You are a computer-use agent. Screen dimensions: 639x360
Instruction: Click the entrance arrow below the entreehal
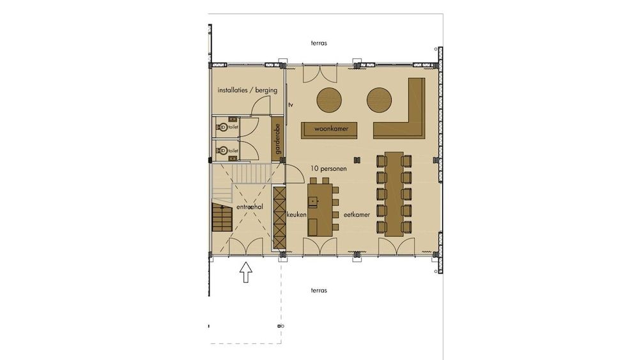tap(245, 272)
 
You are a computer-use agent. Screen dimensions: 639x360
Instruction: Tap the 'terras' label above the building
tap(319, 43)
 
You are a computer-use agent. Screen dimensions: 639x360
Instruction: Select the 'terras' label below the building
tap(319, 290)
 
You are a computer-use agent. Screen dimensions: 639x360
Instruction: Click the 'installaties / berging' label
tap(247, 91)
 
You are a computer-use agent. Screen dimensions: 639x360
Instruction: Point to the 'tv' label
tap(291, 105)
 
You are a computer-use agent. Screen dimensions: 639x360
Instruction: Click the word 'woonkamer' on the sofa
tap(331, 129)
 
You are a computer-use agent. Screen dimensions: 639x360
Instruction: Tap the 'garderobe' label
tap(278, 139)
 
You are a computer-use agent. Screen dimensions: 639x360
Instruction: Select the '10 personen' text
tap(328, 168)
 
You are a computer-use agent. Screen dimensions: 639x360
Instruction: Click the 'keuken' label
tap(296, 214)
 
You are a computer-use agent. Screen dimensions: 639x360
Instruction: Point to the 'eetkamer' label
tap(357, 214)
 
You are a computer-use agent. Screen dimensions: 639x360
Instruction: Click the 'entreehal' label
tap(249, 207)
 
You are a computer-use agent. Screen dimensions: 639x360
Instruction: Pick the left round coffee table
tap(329, 100)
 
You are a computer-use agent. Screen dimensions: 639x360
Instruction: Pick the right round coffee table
tap(379, 100)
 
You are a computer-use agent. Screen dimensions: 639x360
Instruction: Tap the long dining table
tap(394, 194)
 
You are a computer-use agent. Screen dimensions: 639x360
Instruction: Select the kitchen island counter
tap(320, 210)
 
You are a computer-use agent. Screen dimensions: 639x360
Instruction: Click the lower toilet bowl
tap(223, 151)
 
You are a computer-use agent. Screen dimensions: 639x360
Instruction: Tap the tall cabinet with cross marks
tap(279, 217)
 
